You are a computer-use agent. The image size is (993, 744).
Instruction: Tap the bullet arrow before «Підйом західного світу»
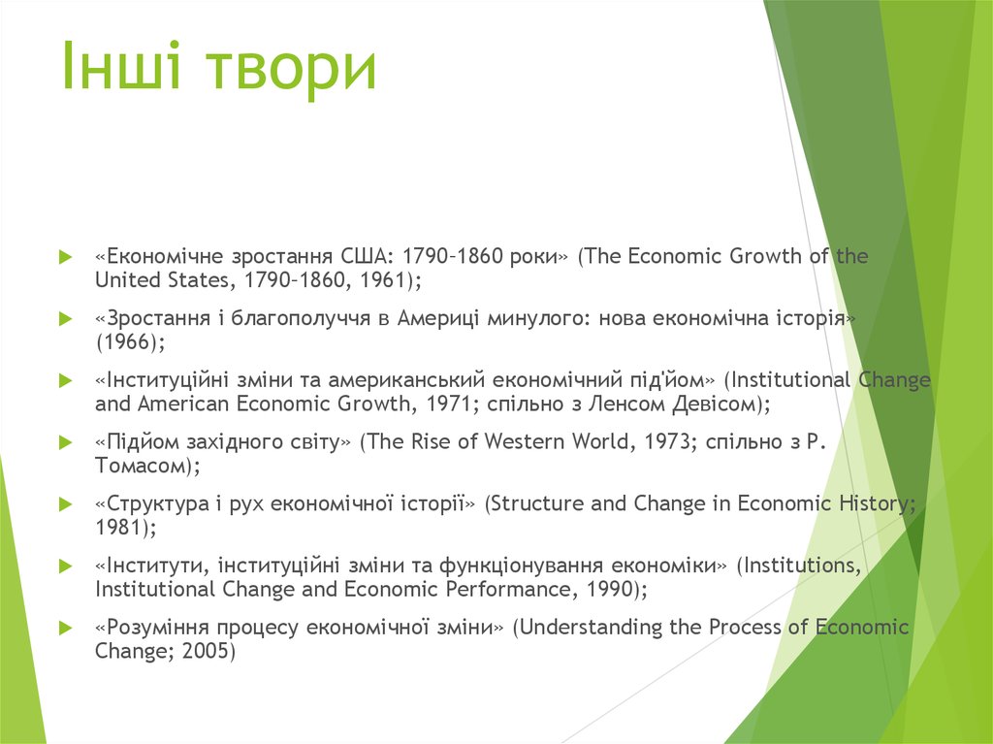tap(65, 443)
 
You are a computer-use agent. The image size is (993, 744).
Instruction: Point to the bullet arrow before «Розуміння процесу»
tap(65, 629)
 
